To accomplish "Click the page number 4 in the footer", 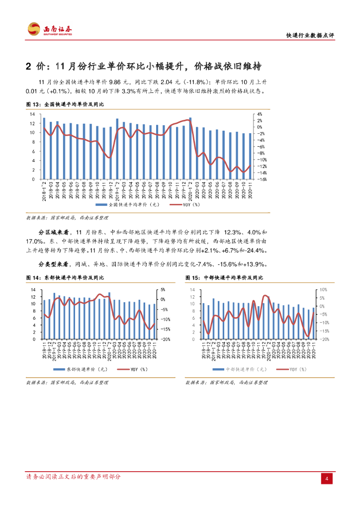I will coord(327,478).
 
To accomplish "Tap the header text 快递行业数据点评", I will coord(311,35).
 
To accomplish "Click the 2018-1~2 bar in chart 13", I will coord(44,148).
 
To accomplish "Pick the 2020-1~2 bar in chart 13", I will coord(190,148).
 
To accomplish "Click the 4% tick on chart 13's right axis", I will coord(260,114).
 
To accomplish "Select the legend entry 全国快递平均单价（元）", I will coord(124,204).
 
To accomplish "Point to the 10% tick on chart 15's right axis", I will coord(323,289).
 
